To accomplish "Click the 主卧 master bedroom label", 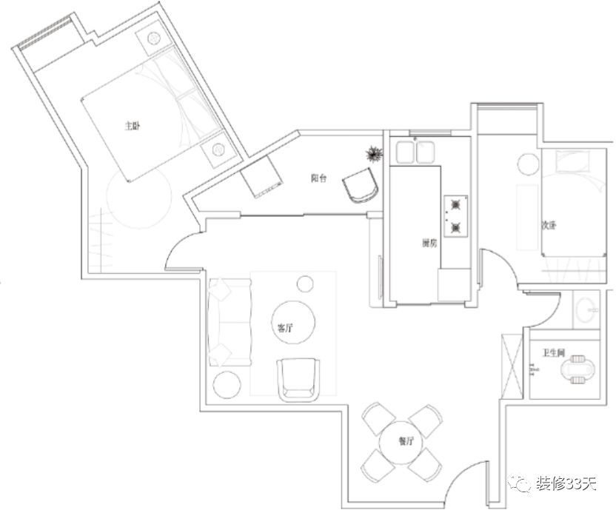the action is (132, 126).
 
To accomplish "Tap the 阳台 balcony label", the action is (319, 178).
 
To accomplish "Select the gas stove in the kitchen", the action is (455, 215).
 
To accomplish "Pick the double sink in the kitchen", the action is (415, 152).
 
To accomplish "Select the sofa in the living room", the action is (229, 320).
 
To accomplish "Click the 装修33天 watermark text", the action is (566, 484).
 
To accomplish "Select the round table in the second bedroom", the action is (529, 164).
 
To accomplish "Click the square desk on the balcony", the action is (261, 179).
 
